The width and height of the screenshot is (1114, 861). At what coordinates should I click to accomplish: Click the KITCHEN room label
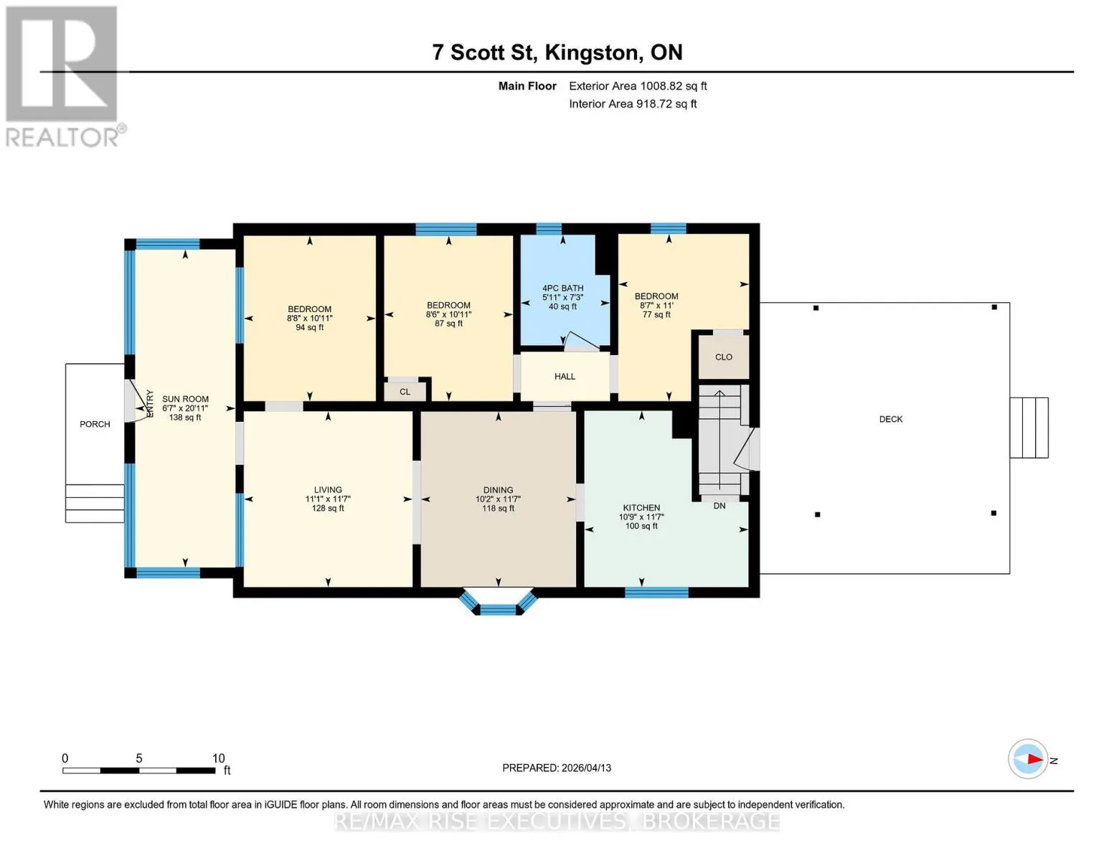(x=641, y=508)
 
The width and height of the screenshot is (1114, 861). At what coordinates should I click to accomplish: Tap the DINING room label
(x=498, y=490)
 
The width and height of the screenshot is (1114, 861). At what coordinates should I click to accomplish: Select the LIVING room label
(x=328, y=490)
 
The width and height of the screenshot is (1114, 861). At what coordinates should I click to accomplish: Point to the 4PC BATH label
(x=563, y=288)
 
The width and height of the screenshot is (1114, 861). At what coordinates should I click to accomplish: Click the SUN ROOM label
(x=185, y=399)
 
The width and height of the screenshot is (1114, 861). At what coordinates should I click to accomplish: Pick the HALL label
(x=565, y=377)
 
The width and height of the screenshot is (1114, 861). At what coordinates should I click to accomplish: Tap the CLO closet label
(x=723, y=357)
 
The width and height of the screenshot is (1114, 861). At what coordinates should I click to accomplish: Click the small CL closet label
(x=405, y=392)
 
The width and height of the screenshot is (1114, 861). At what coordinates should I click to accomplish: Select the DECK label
(x=890, y=419)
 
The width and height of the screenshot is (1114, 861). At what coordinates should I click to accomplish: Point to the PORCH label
(x=95, y=424)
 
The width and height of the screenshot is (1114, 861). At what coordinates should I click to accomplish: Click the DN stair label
(x=719, y=506)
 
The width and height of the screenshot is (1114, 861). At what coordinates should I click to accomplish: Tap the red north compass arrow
(x=1035, y=759)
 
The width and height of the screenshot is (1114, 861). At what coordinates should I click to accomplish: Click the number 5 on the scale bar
(x=139, y=758)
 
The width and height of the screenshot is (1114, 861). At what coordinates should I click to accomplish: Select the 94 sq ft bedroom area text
(x=309, y=327)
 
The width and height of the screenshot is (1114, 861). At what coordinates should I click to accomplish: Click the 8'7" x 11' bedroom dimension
(x=656, y=305)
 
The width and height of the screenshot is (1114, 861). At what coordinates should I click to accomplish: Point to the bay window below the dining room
(x=498, y=603)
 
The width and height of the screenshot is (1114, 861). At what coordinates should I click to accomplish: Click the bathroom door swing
(x=581, y=342)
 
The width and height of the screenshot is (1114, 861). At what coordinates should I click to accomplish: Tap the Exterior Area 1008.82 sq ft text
(x=638, y=86)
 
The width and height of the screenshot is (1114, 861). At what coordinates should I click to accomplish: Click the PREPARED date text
(x=556, y=768)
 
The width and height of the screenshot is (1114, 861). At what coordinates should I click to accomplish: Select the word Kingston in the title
(x=592, y=53)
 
